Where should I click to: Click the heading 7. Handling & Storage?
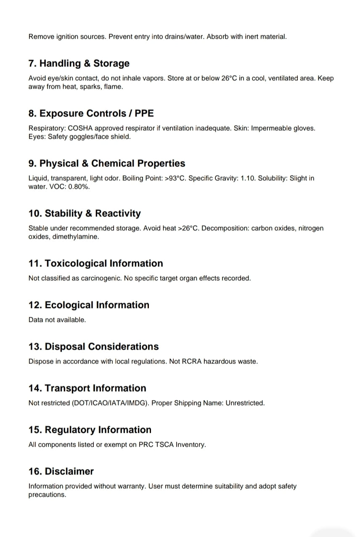click(x=79, y=63)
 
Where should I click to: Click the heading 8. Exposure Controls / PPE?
click(x=91, y=113)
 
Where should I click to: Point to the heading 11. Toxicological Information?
click(x=95, y=263)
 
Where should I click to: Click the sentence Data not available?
click(x=57, y=320)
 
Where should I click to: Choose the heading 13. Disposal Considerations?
click(x=93, y=347)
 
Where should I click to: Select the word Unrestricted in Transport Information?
click(x=245, y=403)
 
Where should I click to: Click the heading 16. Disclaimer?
click(x=61, y=471)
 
